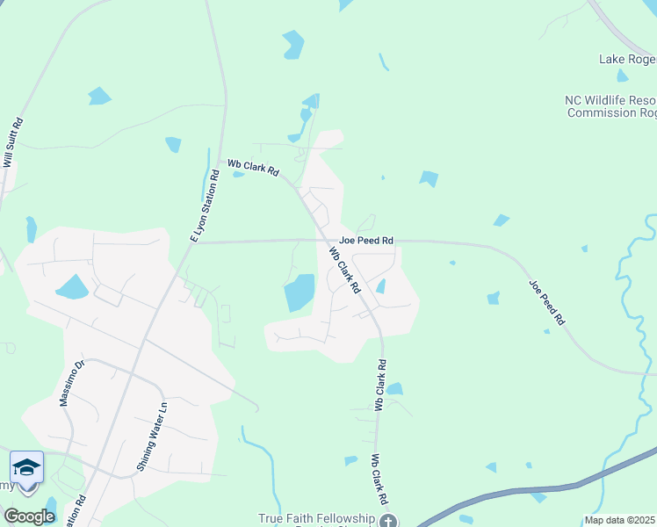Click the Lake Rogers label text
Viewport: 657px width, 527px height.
point(627,59)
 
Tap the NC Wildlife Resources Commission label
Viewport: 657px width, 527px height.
point(611,106)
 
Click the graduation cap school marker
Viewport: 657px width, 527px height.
point(26,466)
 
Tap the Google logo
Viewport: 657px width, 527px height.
point(29,516)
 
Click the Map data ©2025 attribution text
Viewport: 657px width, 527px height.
point(620,520)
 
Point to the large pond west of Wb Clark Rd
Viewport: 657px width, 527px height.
point(300,292)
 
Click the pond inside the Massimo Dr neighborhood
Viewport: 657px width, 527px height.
point(71,287)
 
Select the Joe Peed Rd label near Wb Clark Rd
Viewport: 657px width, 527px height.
point(365,239)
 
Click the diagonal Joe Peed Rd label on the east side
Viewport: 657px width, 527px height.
point(546,303)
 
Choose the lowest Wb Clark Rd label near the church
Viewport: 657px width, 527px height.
point(379,480)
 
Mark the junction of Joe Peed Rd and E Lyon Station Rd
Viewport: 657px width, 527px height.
point(194,242)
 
